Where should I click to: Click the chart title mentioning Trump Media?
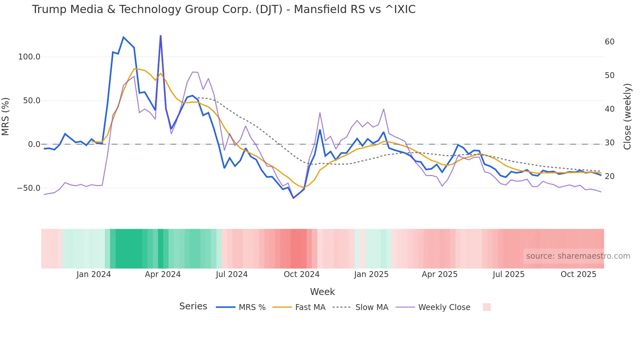pos(224,9)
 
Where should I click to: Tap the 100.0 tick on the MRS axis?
pos(29,57)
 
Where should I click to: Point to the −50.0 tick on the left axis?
pos(29,188)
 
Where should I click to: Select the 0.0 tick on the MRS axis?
pos(34,144)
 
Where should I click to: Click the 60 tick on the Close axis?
pos(610,42)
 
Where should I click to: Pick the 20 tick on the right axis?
pos(610,176)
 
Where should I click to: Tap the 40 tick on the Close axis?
pos(610,109)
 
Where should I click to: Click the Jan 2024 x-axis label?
pos(94,274)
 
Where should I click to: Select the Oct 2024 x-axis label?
pos(301,274)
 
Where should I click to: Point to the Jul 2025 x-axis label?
pos(508,274)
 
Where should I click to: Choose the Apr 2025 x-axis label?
pos(440,274)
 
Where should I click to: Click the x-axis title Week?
pos(322,292)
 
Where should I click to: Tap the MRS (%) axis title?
pos(6,117)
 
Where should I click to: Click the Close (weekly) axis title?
pos(627,117)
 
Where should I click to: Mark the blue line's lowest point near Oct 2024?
pos(293,198)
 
